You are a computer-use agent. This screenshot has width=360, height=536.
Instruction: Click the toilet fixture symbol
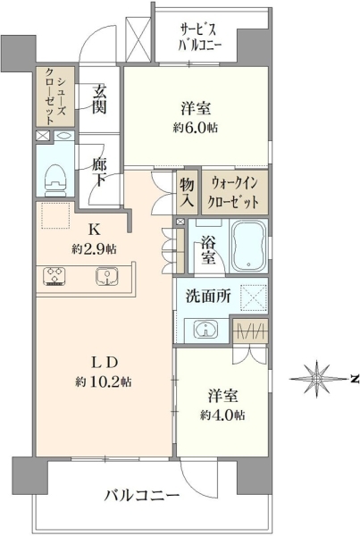(55, 180)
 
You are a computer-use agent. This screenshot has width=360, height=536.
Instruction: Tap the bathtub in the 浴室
(248, 245)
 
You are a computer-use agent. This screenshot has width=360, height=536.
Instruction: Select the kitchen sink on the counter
(107, 276)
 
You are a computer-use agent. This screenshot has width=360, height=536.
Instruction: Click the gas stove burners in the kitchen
(54, 276)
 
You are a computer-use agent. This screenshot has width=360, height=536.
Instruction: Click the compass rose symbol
(317, 379)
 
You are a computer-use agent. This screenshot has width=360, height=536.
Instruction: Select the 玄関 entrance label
(99, 99)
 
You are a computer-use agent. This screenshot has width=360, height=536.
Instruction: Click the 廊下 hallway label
(99, 173)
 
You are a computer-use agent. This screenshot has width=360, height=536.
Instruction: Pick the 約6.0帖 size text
(196, 128)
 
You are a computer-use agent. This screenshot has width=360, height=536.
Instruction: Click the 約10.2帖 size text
(104, 381)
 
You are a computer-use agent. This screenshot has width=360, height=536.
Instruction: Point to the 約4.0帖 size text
(222, 415)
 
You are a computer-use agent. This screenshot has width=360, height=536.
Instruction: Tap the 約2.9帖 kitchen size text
(94, 249)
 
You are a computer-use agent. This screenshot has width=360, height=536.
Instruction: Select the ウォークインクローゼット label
(234, 193)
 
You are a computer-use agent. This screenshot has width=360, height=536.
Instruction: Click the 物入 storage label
(188, 193)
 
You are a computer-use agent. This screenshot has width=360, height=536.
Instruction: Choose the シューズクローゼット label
(55, 96)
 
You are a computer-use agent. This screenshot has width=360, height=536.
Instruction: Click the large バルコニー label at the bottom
(142, 496)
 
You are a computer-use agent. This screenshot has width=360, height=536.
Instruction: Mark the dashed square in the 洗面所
(254, 297)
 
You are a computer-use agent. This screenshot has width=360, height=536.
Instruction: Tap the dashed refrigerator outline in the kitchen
(55, 215)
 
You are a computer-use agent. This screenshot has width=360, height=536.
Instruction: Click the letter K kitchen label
(94, 230)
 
